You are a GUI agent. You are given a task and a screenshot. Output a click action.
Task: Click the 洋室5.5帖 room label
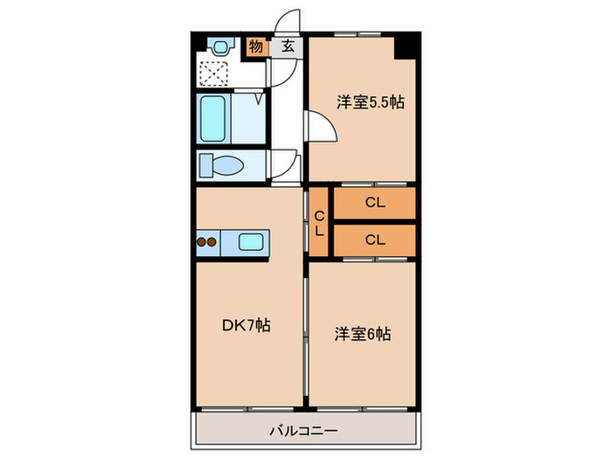tap(372, 102)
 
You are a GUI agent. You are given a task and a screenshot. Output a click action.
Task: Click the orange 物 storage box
tap(255, 46)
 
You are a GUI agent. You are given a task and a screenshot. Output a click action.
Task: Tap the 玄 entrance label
tap(286, 47)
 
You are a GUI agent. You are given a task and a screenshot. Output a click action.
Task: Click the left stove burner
tap(202, 242)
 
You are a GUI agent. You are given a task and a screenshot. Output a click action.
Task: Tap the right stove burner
tap(213, 242)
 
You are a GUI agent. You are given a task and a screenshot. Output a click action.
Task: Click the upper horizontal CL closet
tap(375, 204)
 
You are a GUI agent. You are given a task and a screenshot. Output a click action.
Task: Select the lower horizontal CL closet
tap(375, 238)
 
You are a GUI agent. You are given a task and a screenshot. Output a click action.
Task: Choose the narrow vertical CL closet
tap(319, 223)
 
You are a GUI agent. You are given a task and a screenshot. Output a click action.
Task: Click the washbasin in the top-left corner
tap(219, 46)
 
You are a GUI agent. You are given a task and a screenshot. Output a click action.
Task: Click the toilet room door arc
tap(285, 163)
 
